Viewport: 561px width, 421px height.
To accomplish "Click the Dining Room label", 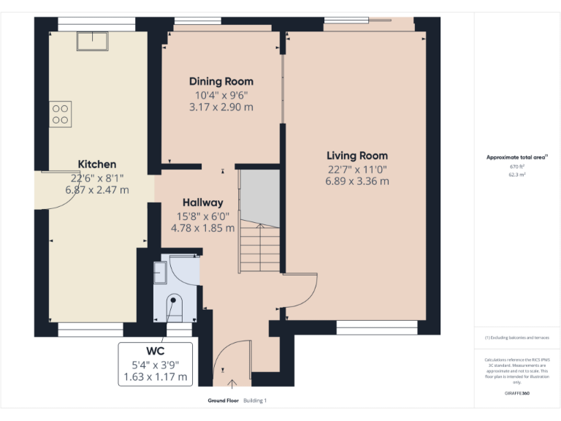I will pos(221,81).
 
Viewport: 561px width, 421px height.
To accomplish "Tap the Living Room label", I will pos(357,156).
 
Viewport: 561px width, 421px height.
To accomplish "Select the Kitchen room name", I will pos(97,164).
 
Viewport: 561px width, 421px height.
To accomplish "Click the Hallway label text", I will pos(202,202).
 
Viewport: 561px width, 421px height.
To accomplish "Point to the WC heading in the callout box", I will pos(156,351).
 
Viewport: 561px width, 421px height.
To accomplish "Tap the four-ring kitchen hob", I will pos(61,114).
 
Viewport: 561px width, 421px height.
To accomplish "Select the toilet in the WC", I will pos(175,305).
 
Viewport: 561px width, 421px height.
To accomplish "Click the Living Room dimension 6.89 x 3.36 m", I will pos(357,181).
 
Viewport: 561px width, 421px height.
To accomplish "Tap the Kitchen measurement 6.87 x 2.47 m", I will pos(97,190).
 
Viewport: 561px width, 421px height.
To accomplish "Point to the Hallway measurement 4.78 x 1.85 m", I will pos(202,228).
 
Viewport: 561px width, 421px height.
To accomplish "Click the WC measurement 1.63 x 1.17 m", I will pos(156,377).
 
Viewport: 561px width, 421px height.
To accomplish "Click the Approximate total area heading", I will pos(516,157).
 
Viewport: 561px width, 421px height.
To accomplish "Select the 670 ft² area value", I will pos(516,167).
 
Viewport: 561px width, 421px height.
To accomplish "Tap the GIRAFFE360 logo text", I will pos(516,393).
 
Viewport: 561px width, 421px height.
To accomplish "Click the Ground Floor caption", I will pos(223,401).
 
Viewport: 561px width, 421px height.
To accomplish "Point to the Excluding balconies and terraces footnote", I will pos(516,338).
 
